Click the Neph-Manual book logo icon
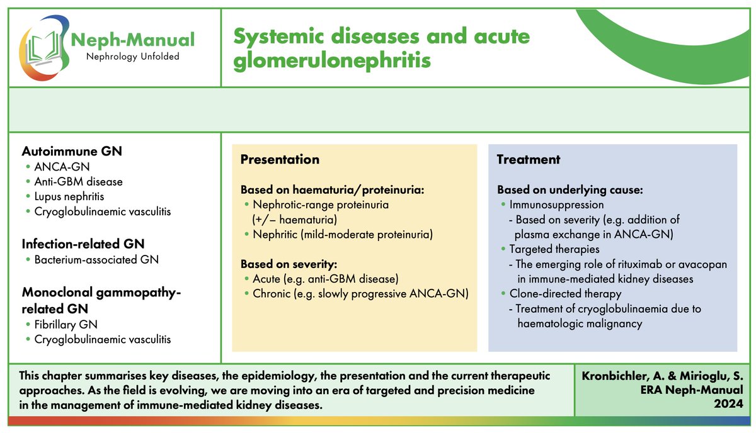click(45, 47)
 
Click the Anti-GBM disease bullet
click(79, 181)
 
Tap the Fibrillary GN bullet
click(66, 324)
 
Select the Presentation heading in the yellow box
click(279, 160)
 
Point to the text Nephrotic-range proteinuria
click(321, 205)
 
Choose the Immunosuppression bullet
click(557, 205)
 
